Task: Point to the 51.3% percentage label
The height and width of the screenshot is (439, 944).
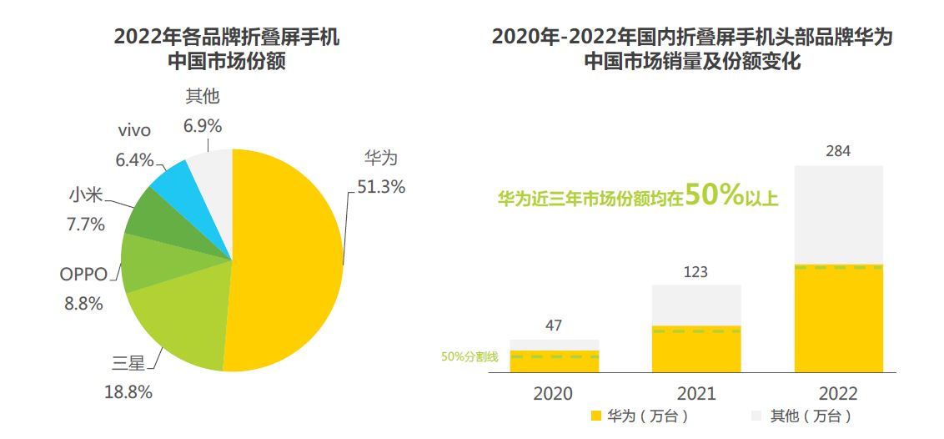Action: pos(381,187)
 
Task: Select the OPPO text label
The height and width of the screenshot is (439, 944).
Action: pos(83,275)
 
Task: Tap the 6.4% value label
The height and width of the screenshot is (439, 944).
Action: pos(135,159)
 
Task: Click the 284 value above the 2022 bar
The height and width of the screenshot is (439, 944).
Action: pos(838,151)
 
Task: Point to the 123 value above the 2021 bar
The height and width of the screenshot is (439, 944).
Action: pos(695,272)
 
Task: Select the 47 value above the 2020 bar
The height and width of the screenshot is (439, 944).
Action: pos(554,325)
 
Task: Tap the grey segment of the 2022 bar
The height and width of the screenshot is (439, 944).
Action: pos(838,214)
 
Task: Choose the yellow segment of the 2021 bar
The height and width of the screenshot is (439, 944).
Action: pos(695,349)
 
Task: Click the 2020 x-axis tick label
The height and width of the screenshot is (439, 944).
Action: pos(554,394)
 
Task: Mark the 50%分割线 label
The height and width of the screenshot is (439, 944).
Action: pos(469,357)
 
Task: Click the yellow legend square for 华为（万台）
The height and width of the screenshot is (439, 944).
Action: pos(595,416)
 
